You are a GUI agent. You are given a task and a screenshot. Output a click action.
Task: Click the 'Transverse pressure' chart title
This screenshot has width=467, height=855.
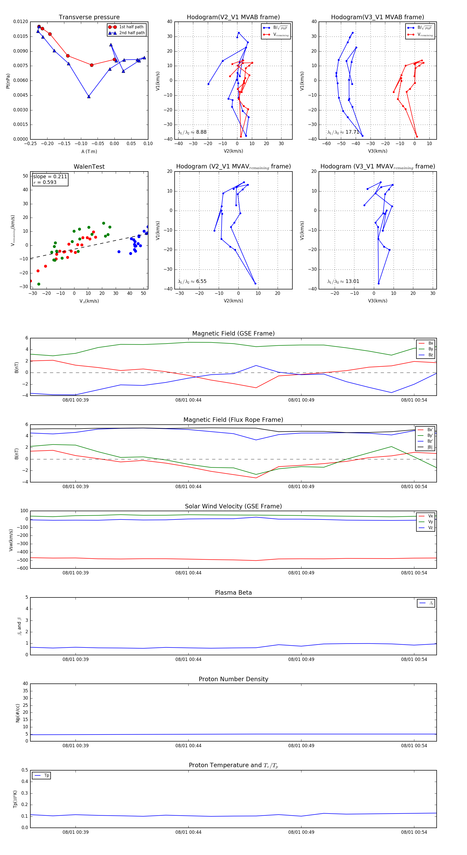point(89,17)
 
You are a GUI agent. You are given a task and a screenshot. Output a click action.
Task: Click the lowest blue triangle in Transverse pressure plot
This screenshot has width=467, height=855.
point(89,97)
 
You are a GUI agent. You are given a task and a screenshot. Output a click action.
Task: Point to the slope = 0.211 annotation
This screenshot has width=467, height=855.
point(50,177)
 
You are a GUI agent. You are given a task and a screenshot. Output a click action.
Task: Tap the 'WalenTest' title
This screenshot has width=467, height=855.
point(89,167)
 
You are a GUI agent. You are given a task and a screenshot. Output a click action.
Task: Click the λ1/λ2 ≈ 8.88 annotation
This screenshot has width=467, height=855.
point(192,132)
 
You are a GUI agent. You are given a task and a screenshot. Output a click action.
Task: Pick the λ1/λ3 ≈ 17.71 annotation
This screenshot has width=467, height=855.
point(343,132)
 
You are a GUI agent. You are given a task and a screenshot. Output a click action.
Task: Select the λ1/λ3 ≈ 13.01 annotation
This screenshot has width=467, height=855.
point(343,281)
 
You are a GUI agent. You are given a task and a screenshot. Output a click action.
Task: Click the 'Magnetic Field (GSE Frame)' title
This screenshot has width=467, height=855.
point(233,333)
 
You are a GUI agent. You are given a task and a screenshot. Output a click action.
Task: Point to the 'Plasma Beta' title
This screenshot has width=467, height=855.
point(233,593)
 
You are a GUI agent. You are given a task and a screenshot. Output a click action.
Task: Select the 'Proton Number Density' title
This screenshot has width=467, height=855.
point(233,679)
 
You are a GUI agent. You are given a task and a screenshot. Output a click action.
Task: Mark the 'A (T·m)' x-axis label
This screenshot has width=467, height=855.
point(89,152)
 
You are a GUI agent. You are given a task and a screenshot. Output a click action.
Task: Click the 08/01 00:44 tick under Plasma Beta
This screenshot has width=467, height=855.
point(188,659)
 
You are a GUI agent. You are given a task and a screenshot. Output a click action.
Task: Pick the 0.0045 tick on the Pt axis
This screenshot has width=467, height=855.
point(20,95)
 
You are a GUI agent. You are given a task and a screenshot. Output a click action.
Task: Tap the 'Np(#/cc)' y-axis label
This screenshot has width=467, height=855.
point(18,713)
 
